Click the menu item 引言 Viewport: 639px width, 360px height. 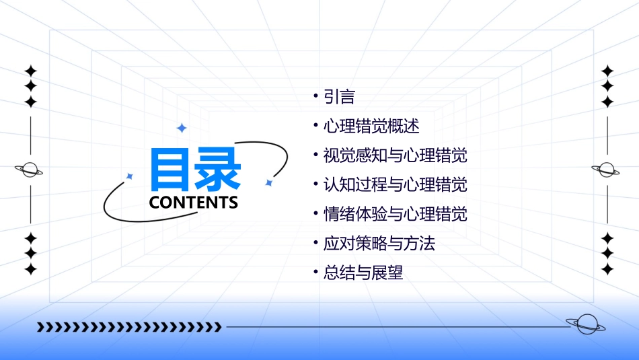(339, 98)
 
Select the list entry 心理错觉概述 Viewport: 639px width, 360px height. (371, 127)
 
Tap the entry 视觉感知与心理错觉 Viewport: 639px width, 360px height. (395, 156)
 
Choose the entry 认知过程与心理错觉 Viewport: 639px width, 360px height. (395, 185)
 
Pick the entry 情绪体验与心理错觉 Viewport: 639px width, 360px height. (395, 215)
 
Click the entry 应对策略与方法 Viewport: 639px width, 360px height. (379, 244)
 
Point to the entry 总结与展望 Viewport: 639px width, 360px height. (363, 273)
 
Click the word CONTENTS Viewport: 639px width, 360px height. (194, 203)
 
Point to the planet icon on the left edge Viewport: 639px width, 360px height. (30, 170)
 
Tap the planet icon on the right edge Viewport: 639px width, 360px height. (606, 170)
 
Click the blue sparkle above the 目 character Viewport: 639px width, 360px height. (181, 128)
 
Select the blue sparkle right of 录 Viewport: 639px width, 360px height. (268, 182)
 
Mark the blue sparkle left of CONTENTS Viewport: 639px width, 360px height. (130, 176)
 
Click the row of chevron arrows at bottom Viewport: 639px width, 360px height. (128, 328)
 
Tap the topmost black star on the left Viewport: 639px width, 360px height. (30, 70)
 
